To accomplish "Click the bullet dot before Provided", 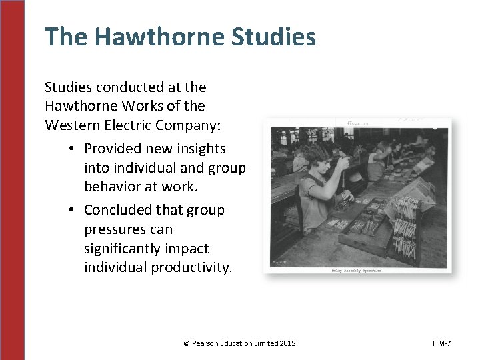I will tap(71, 149).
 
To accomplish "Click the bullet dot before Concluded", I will tap(71, 210).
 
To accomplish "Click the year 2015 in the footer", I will tap(287, 343).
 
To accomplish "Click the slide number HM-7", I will tap(441, 343).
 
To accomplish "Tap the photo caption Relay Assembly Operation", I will tap(356, 270).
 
